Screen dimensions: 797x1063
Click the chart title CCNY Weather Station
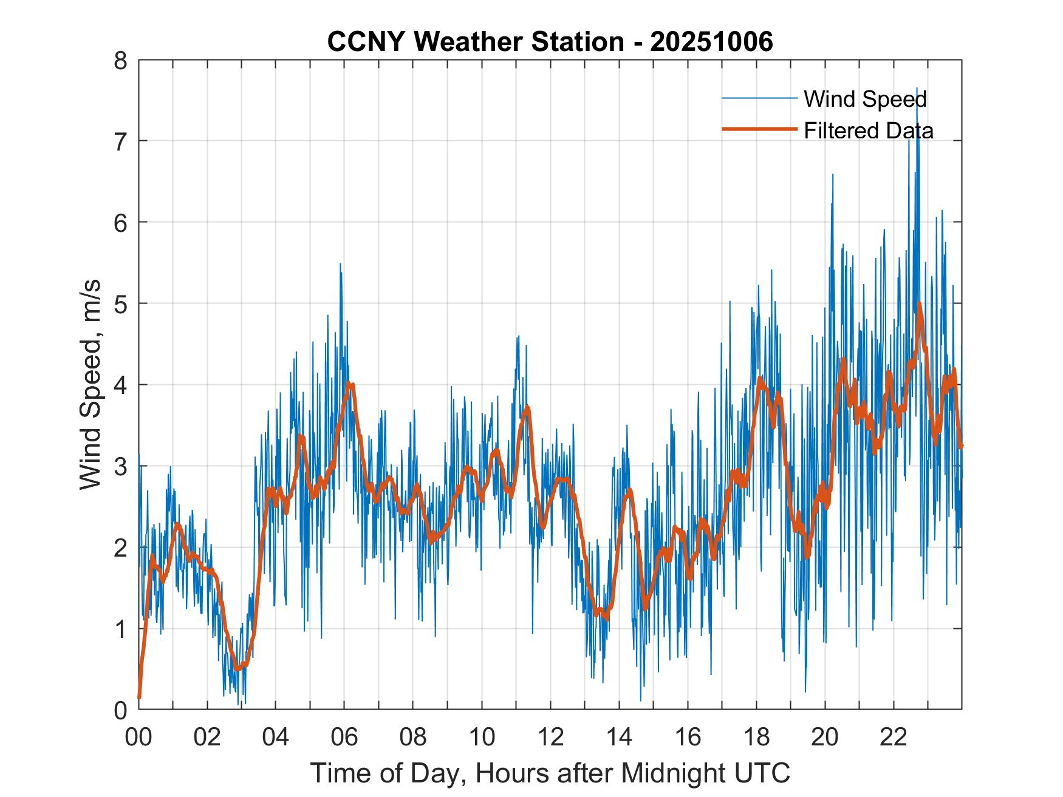(x=475, y=42)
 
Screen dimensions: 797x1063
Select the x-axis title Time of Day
(x=550, y=773)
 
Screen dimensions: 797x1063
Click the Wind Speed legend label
(x=865, y=99)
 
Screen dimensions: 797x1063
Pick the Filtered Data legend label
(x=868, y=131)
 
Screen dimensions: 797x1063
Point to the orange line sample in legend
(x=759, y=129)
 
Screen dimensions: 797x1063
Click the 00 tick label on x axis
(x=139, y=737)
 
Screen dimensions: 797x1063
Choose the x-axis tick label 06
(x=344, y=737)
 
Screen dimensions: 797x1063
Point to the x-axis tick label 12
(x=550, y=737)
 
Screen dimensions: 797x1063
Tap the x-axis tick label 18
(x=756, y=737)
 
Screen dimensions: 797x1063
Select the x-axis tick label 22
(x=894, y=737)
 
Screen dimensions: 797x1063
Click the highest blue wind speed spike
(x=917, y=88)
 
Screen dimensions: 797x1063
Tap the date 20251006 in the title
(x=711, y=42)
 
